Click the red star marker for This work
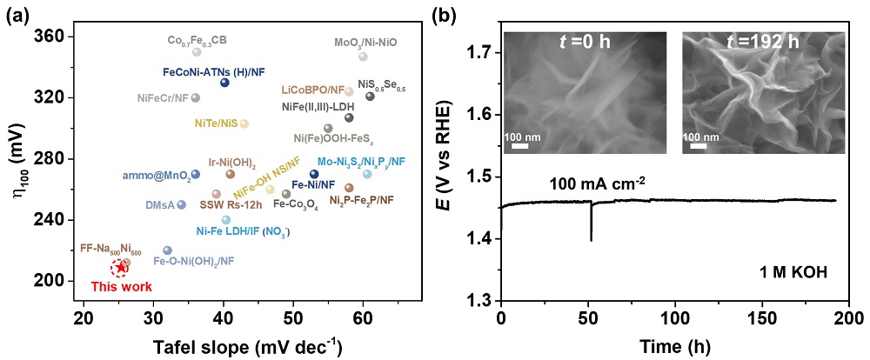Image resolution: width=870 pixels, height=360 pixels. click(x=121, y=267)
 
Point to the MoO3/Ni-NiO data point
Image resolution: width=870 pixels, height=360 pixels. click(x=363, y=57)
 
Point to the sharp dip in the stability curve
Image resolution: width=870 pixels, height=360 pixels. click(x=592, y=237)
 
